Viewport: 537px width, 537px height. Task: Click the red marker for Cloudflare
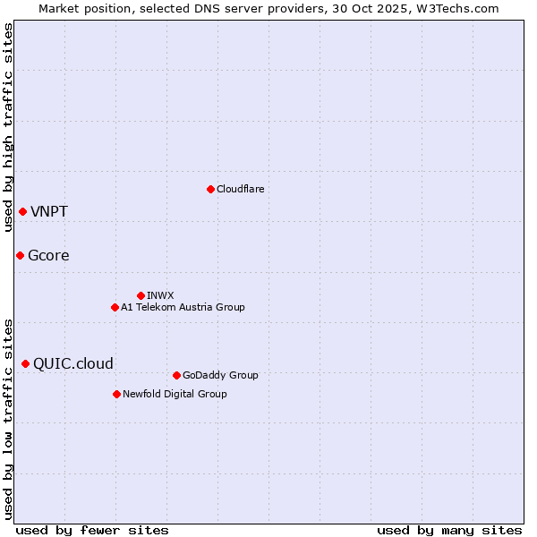click(210, 189)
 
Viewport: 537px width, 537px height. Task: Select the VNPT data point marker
click(22, 211)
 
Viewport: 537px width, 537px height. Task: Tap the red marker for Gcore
click(20, 255)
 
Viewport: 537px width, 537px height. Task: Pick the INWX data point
click(141, 295)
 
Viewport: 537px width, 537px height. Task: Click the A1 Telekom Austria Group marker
click(115, 307)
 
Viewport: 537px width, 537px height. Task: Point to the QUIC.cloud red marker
click(25, 363)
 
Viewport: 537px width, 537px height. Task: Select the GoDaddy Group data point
click(176, 375)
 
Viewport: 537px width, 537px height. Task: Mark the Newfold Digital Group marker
click(116, 394)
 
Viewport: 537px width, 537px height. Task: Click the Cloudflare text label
click(240, 189)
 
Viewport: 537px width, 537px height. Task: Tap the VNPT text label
click(49, 212)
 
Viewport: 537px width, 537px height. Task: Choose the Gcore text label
click(48, 256)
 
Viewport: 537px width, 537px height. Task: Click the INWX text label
click(160, 295)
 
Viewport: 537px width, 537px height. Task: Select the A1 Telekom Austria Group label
click(183, 307)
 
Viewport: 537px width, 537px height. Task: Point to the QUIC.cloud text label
click(73, 364)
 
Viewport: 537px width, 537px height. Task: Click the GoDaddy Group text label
click(220, 375)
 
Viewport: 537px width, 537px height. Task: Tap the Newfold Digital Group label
click(175, 394)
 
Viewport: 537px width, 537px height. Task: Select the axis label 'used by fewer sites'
click(92, 530)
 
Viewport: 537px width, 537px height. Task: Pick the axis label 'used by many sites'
click(449, 530)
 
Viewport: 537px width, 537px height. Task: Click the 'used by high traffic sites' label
click(8, 127)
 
